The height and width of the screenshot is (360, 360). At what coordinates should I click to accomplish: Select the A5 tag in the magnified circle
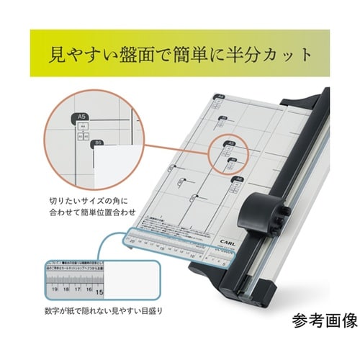[x=81, y=115]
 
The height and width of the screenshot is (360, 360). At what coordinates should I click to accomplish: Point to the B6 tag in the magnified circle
[x=97, y=143]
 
